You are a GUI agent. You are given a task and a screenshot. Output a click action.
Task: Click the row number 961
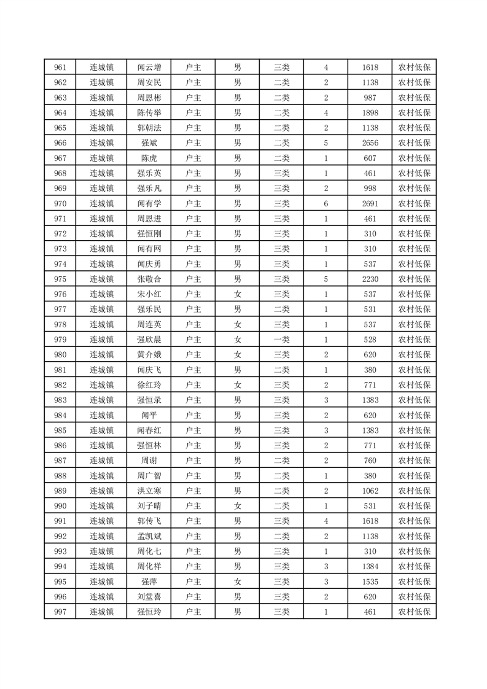click(x=60, y=68)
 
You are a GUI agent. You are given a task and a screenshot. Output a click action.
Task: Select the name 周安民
click(x=149, y=83)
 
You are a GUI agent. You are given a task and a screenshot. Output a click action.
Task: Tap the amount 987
click(x=370, y=98)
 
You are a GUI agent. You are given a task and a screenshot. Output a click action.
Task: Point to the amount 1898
click(x=370, y=113)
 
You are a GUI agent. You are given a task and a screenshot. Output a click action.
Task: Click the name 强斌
click(x=149, y=143)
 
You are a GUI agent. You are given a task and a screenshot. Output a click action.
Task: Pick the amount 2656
click(x=370, y=143)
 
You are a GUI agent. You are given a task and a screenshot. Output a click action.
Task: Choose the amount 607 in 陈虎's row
click(x=370, y=158)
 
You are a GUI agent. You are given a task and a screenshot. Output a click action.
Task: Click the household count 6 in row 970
click(x=325, y=203)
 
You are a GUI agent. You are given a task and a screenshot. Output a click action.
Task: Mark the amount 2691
click(x=370, y=203)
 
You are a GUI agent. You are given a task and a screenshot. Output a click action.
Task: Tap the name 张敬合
click(x=149, y=279)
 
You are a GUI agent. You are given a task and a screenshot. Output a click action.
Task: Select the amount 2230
click(x=370, y=279)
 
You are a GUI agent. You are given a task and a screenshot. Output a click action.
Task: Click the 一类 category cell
click(x=282, y=340)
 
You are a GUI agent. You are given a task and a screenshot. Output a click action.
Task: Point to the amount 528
click(x=370, y=340)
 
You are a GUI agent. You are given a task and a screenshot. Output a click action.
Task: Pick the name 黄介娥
click(x=149, y=354)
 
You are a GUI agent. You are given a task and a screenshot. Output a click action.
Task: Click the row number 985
click(x=60, y=430)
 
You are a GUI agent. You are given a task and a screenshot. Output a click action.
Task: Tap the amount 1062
click(x=370, y=491)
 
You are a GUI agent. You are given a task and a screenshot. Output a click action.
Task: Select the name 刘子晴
click(x=149, y=505)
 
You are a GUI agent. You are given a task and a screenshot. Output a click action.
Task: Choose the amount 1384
click(x=370, y=566)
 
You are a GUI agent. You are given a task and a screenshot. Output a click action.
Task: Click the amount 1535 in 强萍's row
click(x=370, y=582)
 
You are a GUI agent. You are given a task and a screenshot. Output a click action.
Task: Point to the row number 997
click(x=60, y=612)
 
